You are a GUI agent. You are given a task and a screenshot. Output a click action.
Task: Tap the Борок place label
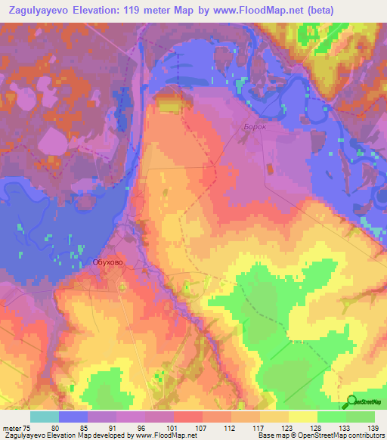tap(255, 127)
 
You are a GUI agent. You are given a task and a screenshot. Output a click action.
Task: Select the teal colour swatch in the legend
tap(45, 417)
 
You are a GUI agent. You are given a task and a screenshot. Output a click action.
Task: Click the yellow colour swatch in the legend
tap(303, 417)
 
